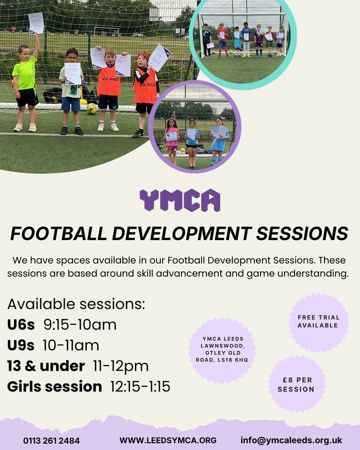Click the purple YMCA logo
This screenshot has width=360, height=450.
click(180, 200)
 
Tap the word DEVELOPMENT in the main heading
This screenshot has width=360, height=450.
click(182, 233)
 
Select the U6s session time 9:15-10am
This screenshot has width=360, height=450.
click(80, 325)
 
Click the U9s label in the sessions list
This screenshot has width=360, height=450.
click(21, 345)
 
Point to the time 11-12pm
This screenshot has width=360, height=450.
click(121, 367)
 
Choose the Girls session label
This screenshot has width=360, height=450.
click(55, 386)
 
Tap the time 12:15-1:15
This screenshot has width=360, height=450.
click(141, 386)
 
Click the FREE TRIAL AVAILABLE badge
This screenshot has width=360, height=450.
click(318, 322)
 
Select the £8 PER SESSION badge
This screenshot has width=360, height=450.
click(296, 384)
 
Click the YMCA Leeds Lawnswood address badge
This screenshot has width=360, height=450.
click(222, 350)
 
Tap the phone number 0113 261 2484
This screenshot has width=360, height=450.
click(52, 440)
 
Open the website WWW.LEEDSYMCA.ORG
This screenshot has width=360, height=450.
click(168, 440)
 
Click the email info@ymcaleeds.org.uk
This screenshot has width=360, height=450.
click(291, 440)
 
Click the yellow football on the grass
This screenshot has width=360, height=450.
click(92, 109)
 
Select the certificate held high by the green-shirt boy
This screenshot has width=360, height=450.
click(36, 24)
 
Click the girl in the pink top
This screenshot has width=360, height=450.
click(172, 141)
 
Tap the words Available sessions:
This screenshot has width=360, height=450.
click(76, 304)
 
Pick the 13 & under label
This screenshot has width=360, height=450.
click(46, 366)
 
